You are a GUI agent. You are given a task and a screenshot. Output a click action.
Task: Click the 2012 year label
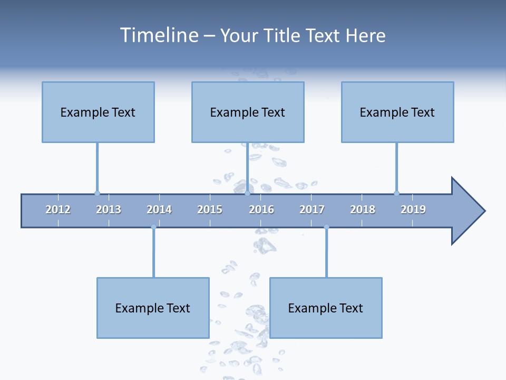point(58,210)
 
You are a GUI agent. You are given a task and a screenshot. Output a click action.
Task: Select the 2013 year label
point(109,210)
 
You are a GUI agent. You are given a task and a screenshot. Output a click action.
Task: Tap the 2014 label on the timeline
point(159,210)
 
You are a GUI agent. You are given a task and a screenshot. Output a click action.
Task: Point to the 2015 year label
point(210,210)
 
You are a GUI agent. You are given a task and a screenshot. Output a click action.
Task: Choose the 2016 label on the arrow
point(261,210)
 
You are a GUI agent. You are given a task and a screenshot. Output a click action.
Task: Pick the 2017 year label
point(312,210)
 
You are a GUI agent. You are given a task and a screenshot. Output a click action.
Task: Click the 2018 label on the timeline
point(363,210)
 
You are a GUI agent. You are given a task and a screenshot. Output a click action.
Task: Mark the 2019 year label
point(413,210)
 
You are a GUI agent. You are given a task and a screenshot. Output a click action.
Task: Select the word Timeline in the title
point(158,35)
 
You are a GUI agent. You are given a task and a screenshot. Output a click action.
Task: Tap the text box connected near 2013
point(98,112)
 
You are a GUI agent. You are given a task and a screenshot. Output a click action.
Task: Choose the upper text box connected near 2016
point(248,112)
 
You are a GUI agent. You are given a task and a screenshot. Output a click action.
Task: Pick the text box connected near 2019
point(397,112)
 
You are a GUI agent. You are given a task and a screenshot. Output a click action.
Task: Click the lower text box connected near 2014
point(153,308)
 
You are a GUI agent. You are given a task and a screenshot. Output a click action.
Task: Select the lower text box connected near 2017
point(326,308)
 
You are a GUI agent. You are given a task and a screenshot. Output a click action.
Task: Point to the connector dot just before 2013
point(97,193)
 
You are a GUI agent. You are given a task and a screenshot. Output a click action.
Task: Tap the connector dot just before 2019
point(396,193)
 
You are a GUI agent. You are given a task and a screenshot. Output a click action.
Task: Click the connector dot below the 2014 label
point(153,227)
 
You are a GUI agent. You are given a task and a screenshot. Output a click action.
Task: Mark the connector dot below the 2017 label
point(326,227)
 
